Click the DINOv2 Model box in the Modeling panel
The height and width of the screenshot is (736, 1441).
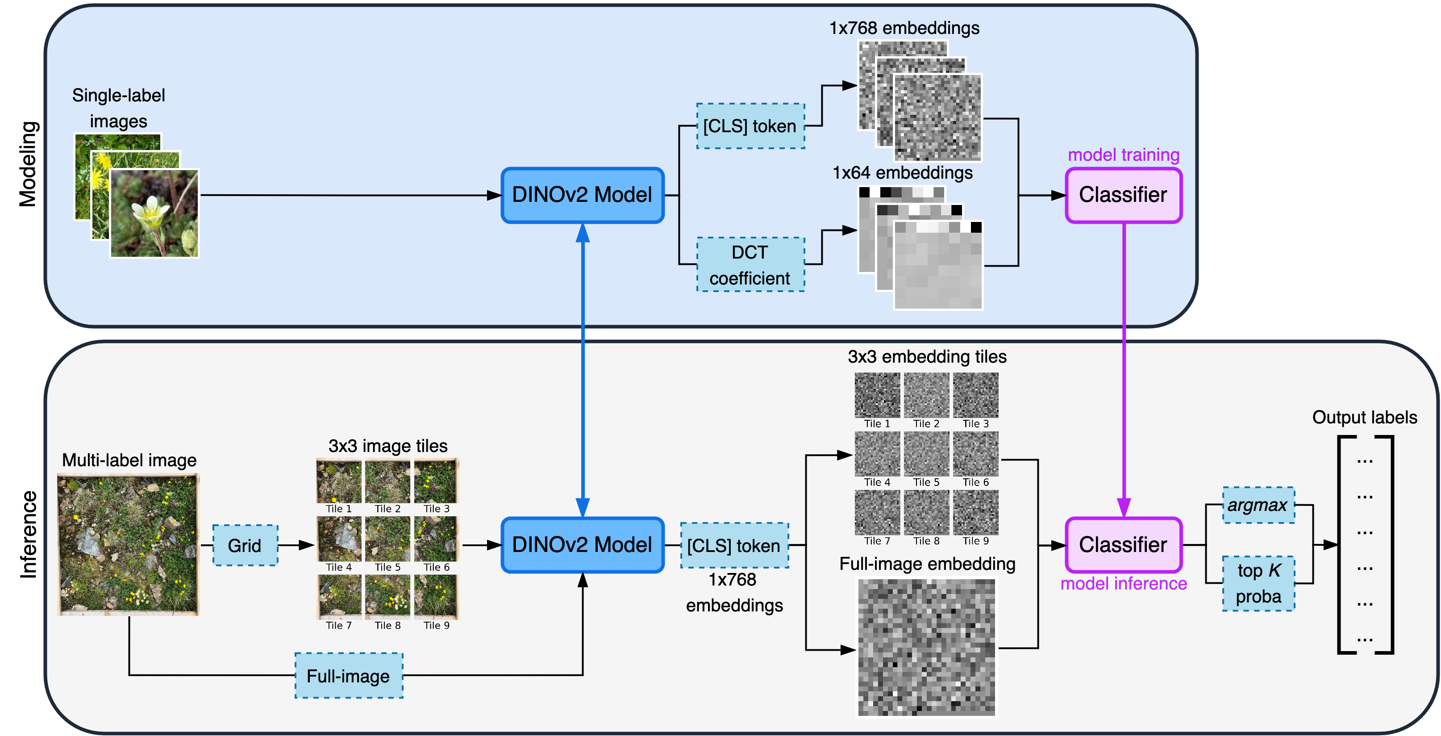tap(582, 195)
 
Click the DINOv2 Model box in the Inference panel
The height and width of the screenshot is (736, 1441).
tap(582, 544)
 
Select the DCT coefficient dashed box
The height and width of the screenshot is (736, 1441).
tap(750, 265)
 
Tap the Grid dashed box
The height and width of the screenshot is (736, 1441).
tap(245, 545)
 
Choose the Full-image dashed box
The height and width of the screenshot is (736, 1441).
tap(349, 676)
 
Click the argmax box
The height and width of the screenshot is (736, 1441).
tap(1258, 505)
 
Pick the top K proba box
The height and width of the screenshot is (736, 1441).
tap(1258, 583)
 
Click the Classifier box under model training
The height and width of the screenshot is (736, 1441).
tap(1123, 195)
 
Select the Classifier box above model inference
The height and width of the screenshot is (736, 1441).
tap(1123, 544)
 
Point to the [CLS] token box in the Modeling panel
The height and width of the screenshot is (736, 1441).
tap(750, 126)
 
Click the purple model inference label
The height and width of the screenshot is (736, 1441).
tap(1123, 584)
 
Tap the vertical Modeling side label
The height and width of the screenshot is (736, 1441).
tap(28, 164)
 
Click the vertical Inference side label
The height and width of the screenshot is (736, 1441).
tap(28, 535)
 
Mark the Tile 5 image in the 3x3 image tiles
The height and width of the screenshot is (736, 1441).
tap(387, 539)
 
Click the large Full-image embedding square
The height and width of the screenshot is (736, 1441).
tap(926, 648)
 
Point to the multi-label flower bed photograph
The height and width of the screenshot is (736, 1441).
tap(128, 544)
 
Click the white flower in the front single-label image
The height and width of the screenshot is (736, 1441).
tap(150, 213)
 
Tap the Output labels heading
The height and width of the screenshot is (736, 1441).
tap(1364, 417)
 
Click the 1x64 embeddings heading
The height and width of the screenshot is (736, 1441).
tap(902, 172)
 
